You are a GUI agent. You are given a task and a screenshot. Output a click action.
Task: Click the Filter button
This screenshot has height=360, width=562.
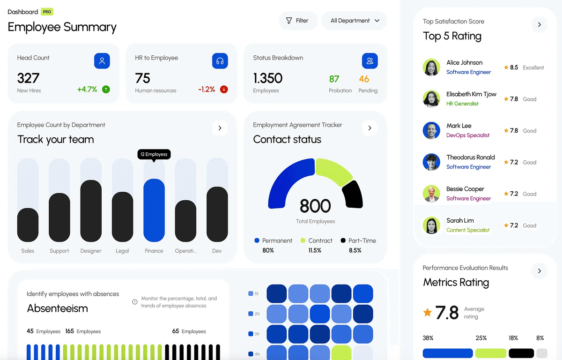coord(298,21)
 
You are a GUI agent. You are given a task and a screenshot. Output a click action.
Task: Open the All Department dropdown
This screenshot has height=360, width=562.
coord(354,21)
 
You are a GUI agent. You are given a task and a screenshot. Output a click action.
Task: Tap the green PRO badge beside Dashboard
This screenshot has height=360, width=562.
coord(47,12)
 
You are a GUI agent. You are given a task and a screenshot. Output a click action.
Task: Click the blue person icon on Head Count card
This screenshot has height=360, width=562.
coord(102,61)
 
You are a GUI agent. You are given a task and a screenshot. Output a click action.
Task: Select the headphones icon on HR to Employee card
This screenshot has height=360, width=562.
coord(220,61)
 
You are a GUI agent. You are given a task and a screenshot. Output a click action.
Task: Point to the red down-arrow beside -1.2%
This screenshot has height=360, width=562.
coord(224,89)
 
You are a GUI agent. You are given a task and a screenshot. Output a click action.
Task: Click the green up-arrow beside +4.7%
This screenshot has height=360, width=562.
coord(106,89)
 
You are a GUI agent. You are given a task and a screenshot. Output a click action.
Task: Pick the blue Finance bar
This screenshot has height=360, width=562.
coord(154,210)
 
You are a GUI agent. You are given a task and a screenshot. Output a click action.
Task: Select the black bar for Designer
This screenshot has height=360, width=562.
coord(91,211)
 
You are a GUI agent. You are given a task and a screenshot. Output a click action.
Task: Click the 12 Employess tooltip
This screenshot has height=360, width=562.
coord(154,154)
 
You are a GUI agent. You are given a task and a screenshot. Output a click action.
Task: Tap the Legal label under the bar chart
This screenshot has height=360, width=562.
coord(122,251)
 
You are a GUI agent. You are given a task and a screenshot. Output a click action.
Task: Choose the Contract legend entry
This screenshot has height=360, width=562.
coord(316,240)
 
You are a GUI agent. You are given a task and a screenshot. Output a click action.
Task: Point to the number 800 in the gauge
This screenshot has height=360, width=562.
coord(315,206)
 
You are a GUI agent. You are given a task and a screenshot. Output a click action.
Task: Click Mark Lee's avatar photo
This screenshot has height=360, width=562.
coord(431,130)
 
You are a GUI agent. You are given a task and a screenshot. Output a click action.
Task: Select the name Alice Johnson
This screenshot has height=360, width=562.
coord(464,62)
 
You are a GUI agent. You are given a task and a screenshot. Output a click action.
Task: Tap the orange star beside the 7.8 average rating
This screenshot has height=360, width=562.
coord(427,312)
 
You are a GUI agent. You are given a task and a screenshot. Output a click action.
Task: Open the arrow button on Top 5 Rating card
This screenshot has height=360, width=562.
coord(540,24)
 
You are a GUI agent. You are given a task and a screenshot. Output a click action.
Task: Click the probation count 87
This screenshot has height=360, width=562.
coord(334,79)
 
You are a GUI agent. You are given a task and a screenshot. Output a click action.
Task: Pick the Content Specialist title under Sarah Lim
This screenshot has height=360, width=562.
coord(468,230)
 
